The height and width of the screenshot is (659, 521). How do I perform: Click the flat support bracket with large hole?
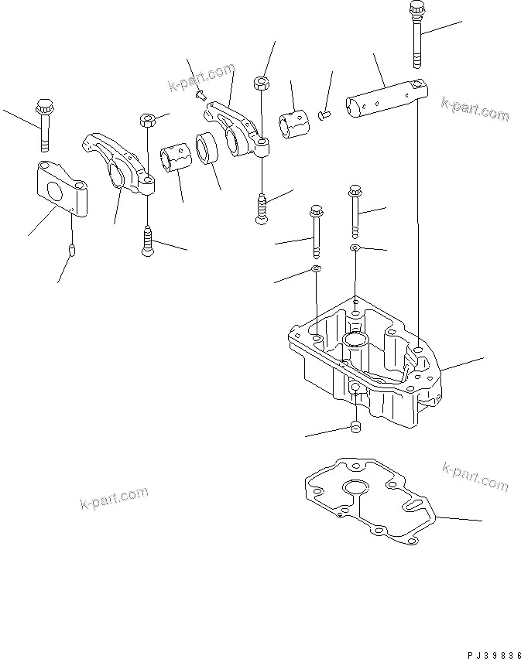61,190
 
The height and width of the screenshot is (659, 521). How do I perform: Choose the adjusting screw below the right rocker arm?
262,207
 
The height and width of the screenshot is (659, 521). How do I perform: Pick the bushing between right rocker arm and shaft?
293,123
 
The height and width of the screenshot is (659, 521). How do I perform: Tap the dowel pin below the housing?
356,429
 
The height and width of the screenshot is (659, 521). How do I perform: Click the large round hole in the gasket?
358,488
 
